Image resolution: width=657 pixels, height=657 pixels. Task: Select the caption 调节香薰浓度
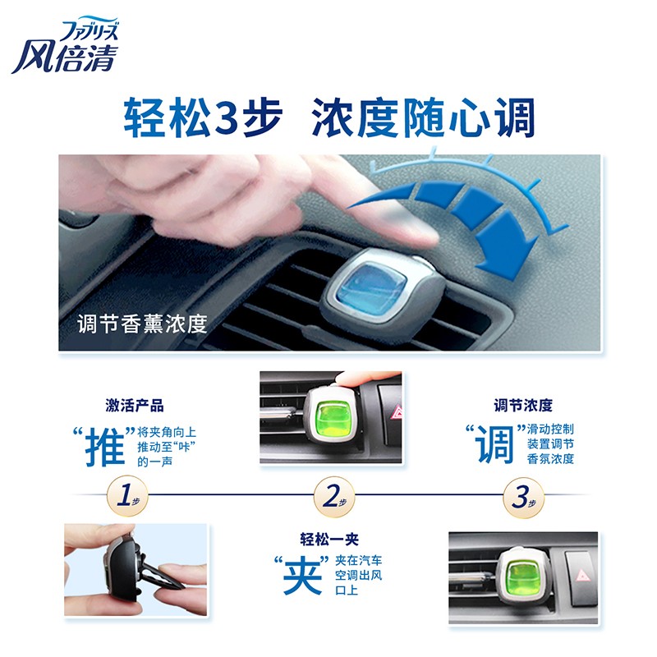coord(142,324)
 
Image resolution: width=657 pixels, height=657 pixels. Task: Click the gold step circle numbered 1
coord(127,496)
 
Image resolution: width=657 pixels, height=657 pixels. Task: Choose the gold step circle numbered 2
coord(334,497)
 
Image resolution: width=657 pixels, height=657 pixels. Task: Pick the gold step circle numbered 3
coord(523,497)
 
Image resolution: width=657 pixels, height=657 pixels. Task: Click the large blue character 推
coord(105,447)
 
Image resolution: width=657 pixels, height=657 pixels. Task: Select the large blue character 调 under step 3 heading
coord(495,444)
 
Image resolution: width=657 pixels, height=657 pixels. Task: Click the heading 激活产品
coord(135,406)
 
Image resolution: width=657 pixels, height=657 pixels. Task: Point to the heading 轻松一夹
coord(329,540)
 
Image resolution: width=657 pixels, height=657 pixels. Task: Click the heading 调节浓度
coord(523,405)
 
